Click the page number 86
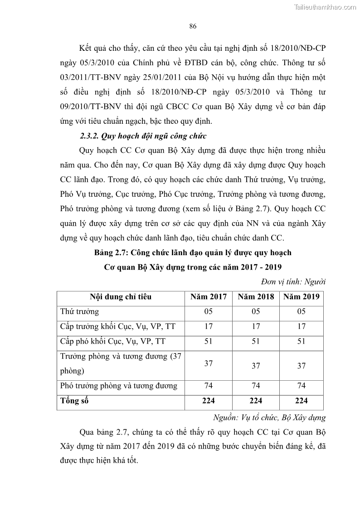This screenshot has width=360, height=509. coord(192,26)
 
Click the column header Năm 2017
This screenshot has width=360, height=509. coord(209,297)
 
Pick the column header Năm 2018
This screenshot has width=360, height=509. coord(256,297)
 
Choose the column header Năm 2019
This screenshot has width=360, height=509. coord(302,297)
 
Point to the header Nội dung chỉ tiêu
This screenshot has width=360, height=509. coord(121,297)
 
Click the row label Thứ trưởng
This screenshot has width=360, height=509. coord(80,311)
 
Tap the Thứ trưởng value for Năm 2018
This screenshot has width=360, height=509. coord(256,311)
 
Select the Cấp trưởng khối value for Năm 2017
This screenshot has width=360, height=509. coord(209,326)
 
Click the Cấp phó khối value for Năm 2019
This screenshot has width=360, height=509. coord(302,341)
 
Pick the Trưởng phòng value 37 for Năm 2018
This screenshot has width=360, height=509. coord(256,366)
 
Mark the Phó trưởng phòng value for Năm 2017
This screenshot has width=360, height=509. coord(209,386)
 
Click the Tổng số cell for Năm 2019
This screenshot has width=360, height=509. coord(302,401)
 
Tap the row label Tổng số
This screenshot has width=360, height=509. coord(74,401)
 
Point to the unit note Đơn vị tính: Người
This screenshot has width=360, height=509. coord(293,281)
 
